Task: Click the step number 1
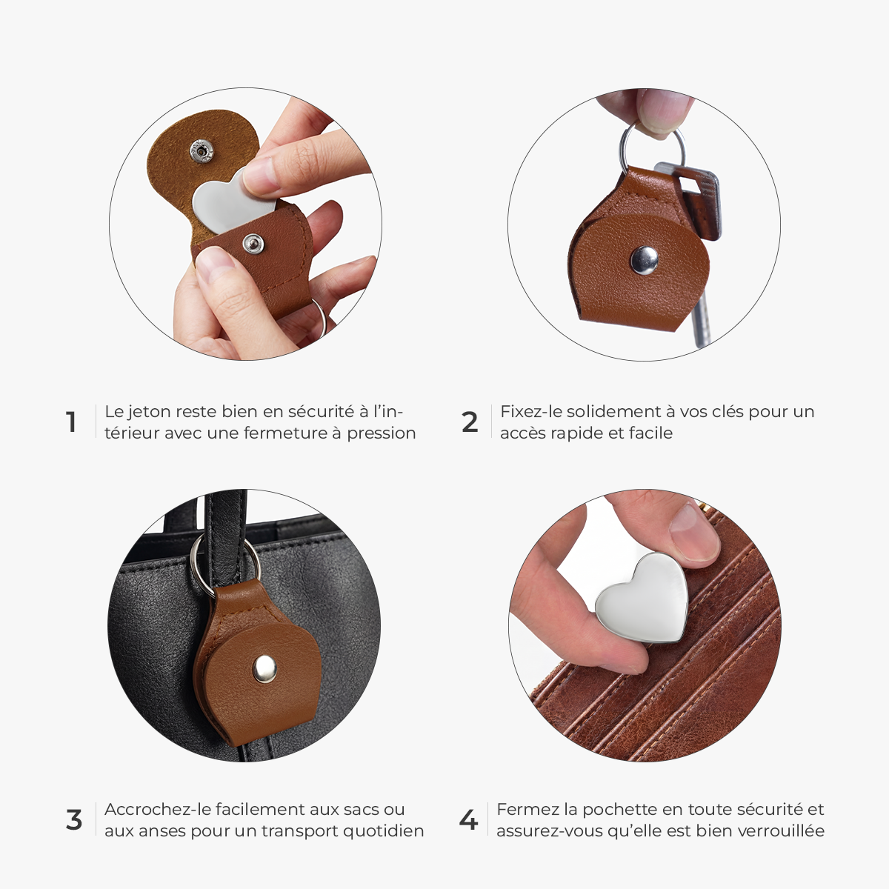tap(70, 422)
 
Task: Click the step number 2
tap(470, 422)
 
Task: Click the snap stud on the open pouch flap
tap(202, 150)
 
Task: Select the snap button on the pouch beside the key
tap(644, 260)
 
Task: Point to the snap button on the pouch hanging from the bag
tap(264, 668)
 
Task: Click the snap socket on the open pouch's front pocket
tap(253, 243)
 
